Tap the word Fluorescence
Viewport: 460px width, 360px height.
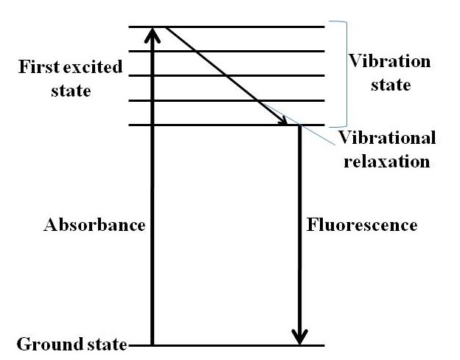click(361, 224)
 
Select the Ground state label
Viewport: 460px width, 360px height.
click(71, 345)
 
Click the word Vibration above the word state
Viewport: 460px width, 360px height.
click(380, 60)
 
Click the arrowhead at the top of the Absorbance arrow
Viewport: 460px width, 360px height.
click(153, 34)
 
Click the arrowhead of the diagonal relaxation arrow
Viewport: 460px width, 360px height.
click(283, 120)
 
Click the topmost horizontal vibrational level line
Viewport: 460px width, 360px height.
click(243, 27)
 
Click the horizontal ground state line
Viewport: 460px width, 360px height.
click(221, 345)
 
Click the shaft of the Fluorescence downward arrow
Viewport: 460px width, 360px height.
click(299, 221)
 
